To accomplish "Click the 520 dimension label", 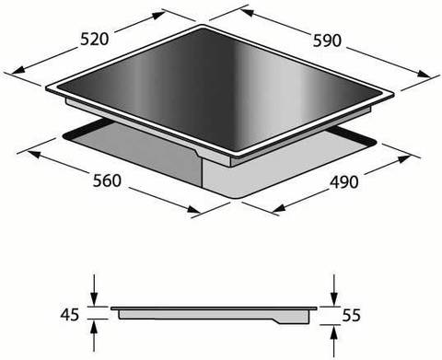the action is tap(95, 40).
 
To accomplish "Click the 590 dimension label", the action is tap(327, 41).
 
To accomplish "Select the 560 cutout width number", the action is tap(107, 180).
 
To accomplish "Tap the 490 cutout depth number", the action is tap(344, 182).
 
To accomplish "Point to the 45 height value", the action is tap(70, 315).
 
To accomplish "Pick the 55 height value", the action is tap(351, 315).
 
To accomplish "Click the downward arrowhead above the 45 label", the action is tap(94, 299).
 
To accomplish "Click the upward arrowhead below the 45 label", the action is tap(94, 326).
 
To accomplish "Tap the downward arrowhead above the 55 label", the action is tap(334, 299).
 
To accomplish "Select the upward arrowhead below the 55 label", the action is tap(334, 331).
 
